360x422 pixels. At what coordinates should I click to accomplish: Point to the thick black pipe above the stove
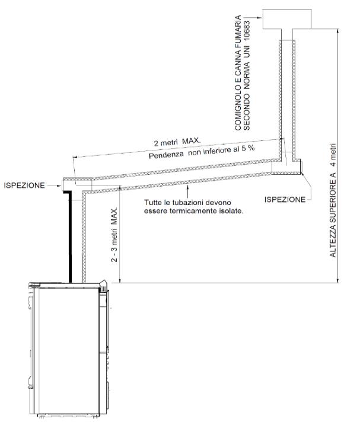pos(69,237)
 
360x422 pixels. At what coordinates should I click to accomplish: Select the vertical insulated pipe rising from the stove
pos(84,237)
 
